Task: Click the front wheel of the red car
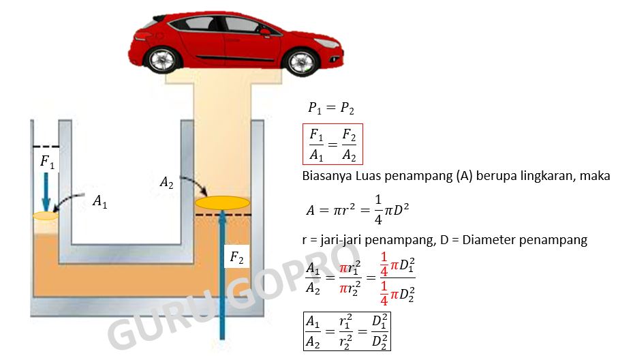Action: (302, 62)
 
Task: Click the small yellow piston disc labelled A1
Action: (45, 215)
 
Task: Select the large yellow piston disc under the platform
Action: (222, 202)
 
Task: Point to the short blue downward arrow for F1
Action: (45, 191)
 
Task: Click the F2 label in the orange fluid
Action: (236, 258)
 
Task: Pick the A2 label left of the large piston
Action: (167, 182)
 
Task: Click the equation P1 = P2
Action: (330, 108)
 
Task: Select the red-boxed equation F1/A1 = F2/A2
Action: (333, 144)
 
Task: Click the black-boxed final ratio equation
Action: (347, 331)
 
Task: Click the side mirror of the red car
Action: (264, 31)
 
